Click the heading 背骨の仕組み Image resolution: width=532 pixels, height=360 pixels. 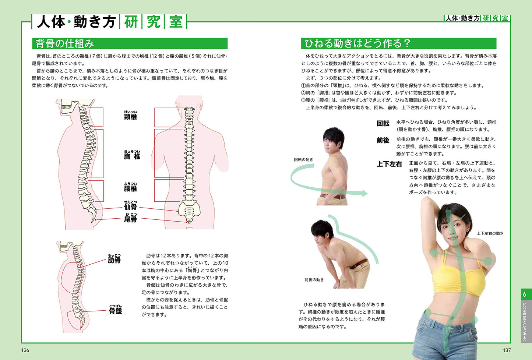click(x=64, y=44)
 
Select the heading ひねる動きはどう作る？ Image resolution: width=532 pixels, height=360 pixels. click(x=357, y=43)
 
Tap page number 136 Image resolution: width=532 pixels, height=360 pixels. click(x=25, y=350)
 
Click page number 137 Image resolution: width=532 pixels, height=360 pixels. click(x=507, y=350)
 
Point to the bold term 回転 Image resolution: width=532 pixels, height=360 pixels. click(x=383, y=123)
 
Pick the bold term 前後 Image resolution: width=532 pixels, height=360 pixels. click(x=383, y=141)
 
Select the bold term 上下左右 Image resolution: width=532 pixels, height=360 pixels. click(x=389, y=164)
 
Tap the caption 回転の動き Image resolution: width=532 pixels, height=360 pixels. click(x=303, y=160)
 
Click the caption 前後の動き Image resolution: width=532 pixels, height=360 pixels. click(x=314, y=280)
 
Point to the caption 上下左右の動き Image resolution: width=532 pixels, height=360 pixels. click(x=490, y=233)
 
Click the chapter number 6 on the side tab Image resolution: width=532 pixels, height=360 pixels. click(x=524, y=295)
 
